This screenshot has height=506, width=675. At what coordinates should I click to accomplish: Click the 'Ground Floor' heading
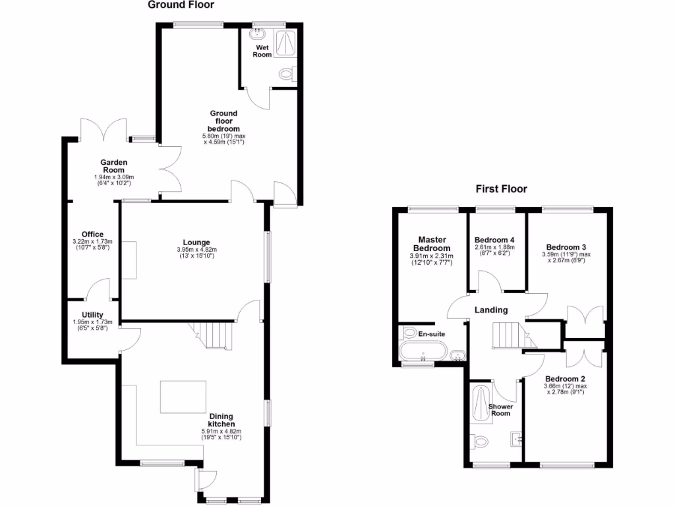pos(181,5)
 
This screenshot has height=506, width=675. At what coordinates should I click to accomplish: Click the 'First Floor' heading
pos(502,189)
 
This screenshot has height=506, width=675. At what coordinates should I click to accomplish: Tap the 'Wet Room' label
pos(262,51)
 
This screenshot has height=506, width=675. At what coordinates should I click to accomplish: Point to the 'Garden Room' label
pos(113,166)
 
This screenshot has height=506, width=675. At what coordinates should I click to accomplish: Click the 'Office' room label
pos(92,234)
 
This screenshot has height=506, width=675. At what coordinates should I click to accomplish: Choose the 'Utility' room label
pos(92,315)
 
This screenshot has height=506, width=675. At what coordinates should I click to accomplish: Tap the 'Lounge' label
pos(196,241)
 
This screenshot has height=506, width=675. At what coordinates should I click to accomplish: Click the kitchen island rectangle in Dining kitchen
pos(183,397)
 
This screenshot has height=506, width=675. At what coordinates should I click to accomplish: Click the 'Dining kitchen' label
pos(221,420)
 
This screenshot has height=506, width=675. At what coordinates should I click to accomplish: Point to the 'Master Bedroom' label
pos(432,244)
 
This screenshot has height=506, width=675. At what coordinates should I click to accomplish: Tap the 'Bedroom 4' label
pos(494,240)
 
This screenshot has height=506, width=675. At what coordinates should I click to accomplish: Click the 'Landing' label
pos(492,310)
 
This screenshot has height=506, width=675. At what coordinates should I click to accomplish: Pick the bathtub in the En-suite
pos(423,350)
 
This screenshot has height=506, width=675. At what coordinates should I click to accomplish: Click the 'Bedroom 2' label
pos(565,378)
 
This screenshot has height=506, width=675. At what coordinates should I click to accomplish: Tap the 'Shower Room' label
pos(500,410)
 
